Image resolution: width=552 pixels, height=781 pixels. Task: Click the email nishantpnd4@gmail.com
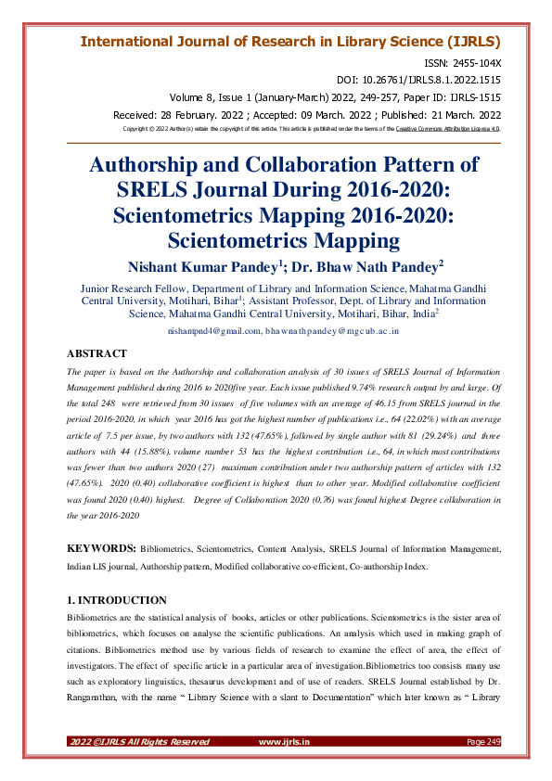click(x=213, y=330)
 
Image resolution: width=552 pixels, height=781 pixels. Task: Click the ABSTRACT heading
click(x=97, y=353)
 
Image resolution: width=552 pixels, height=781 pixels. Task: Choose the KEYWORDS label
click(x=104, y=549)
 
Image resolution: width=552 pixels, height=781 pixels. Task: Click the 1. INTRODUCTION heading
click(x=117, y=600)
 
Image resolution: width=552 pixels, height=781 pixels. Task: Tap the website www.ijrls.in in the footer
click(x=284, y=742)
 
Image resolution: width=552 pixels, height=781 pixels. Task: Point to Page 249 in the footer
click(x=482, y=742)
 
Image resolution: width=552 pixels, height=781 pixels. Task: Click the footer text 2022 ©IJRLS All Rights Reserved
click(x=139, y=742)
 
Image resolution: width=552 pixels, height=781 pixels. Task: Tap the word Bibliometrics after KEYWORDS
click(x=178, y=549)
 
